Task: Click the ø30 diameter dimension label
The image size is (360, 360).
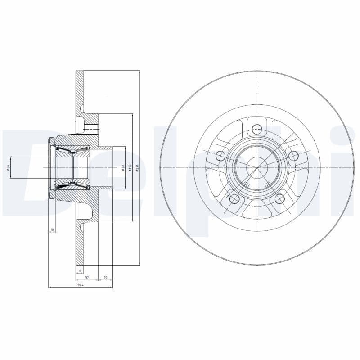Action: click(x=8, y=168)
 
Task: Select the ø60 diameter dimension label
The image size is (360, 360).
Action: click(x=122, y=168)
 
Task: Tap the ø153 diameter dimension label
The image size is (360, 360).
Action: click(x=130, y=168)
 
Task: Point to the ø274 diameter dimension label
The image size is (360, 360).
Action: click(x=137, y=168)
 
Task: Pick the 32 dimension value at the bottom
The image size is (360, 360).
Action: click(x=87, y=278)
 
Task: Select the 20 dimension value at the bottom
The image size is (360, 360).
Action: click(x=105, y=278)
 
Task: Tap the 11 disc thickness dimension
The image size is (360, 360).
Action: click(x=79, y=270)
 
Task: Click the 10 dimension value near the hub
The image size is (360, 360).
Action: click(x=52, y=229)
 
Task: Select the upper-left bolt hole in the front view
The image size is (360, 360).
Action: click(x=220, y=156)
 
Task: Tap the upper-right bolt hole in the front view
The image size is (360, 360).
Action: click(x=294, y=156)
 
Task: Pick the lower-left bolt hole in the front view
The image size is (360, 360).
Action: click(x=234, y=199)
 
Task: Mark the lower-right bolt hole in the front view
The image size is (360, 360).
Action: click(x=280, y=199)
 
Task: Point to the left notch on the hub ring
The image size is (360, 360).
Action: click(x=246, y=184)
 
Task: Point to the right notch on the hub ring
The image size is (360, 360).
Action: click(x=268, y=184)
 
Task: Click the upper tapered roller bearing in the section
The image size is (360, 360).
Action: click(x=72, y=150)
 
